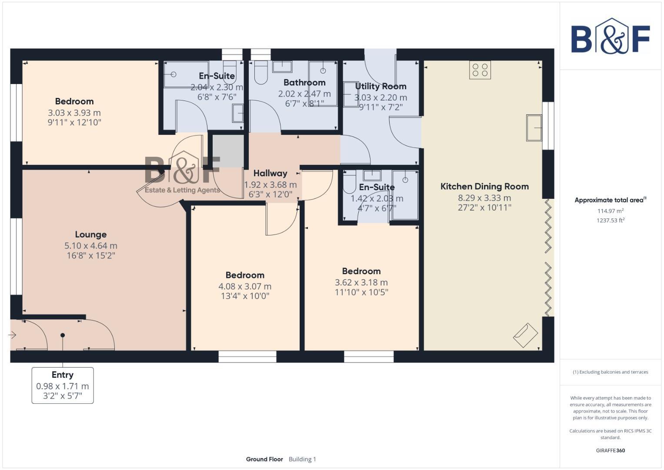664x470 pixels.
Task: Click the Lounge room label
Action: coord(91,235)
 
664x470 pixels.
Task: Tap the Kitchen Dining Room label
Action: coord(484,186)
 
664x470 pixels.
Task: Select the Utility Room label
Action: coord(380,86)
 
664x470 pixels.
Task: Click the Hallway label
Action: coord(270,173)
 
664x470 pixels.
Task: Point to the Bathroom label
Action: coord(304,83)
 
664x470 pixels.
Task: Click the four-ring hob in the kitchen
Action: coord(480,70)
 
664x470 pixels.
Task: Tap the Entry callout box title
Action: coord(63,375)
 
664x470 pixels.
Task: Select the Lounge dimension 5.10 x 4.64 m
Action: coord(91,246)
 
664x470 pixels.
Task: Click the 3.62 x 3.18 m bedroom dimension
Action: coord(361,282)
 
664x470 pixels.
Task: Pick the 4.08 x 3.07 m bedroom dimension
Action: coord(245,286)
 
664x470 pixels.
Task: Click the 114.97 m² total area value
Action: coord(611,211)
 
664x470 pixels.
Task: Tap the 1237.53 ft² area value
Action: coord(611,221)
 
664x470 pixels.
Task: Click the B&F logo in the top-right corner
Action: coord(611,36)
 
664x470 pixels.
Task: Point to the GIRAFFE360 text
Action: coord(611,450)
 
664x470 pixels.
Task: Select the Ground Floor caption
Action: coord(264,459)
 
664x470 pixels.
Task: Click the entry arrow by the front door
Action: coord(12,335)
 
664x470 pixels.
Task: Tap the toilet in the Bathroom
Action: coord(261,73)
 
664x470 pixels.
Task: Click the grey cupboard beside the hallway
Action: coord(228,151)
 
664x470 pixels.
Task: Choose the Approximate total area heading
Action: coord(611,200)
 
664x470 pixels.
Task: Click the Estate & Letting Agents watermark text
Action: coord(182,190)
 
